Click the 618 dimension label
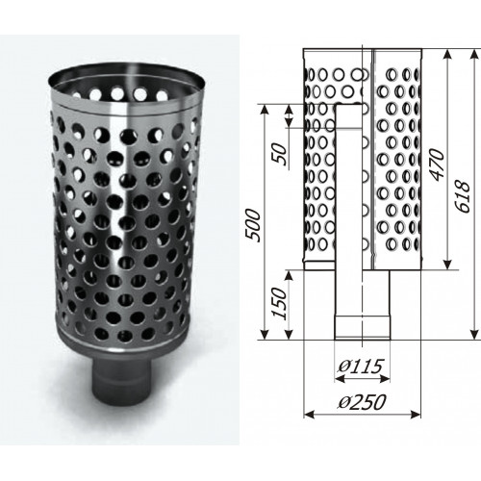coord(463,196)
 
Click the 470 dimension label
coord(437,165)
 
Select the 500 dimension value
coord(252,225)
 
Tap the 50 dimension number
coord(279,154)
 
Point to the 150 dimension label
coord(278,303)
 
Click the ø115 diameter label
coord(360,367)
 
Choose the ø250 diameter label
coord(362,402)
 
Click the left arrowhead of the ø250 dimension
coord(309,415)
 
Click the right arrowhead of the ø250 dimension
coord(416,415)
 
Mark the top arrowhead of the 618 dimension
coord(474,55)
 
